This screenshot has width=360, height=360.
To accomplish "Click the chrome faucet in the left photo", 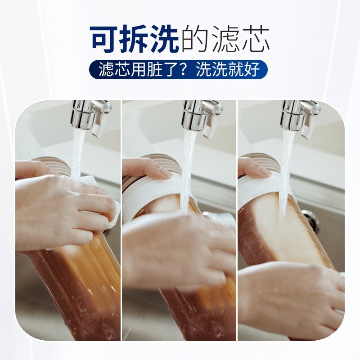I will (x=90, y=115).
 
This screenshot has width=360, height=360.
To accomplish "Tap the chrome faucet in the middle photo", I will (x=201, y=116).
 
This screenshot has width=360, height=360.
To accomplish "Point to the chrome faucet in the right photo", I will (x=299, y=116).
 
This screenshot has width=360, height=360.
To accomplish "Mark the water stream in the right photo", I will (x=286, y=171).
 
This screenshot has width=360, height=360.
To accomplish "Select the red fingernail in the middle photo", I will (x=166, y=173).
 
